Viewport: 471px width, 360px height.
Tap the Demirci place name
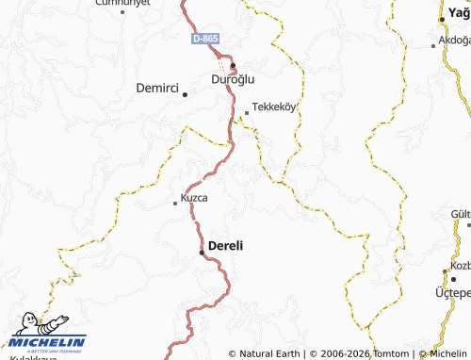click(156, 88)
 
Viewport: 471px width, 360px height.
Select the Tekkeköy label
click(274, 106)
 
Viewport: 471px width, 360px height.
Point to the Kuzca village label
click(194, 199)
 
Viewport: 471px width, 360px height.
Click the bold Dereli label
click(225, 245)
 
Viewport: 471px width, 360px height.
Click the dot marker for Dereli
click(201, 253)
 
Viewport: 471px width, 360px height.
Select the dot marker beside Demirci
click(186, 94)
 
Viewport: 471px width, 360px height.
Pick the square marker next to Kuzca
click(174, 203)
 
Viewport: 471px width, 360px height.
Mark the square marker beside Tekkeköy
click(247, 113)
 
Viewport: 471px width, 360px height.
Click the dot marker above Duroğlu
click(233, 65)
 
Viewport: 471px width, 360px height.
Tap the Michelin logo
click(47, 335)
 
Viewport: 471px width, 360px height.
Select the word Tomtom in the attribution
click(389, 353)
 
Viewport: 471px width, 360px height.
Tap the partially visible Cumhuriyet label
click(124, 4)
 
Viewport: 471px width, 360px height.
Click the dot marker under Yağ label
click(442, 20)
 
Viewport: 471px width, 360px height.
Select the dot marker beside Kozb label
click(446, 272)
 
